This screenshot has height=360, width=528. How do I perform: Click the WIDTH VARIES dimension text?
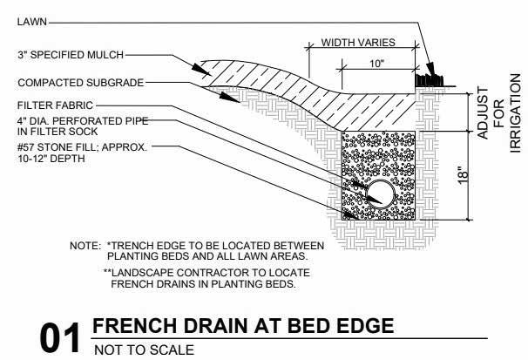(x=358, y=42)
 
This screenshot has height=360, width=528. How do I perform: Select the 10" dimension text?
(x=376, y=65)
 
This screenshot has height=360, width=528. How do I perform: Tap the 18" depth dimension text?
(x=463, y=173)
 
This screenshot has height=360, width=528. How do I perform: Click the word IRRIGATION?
(x=515, y=114)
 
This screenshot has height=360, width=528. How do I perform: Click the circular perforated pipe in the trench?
(x=381, y=193)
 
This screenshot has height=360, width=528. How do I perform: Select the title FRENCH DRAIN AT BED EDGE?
(x=243, y=326)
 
